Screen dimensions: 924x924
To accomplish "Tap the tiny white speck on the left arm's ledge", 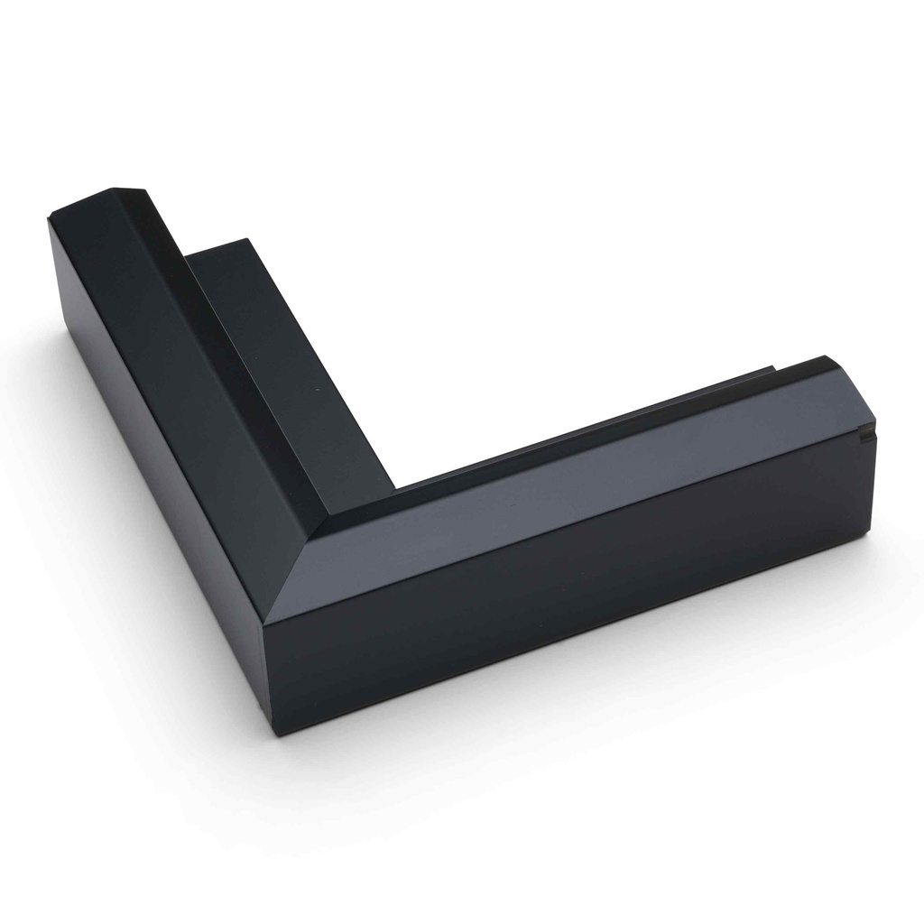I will pos(317,390).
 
